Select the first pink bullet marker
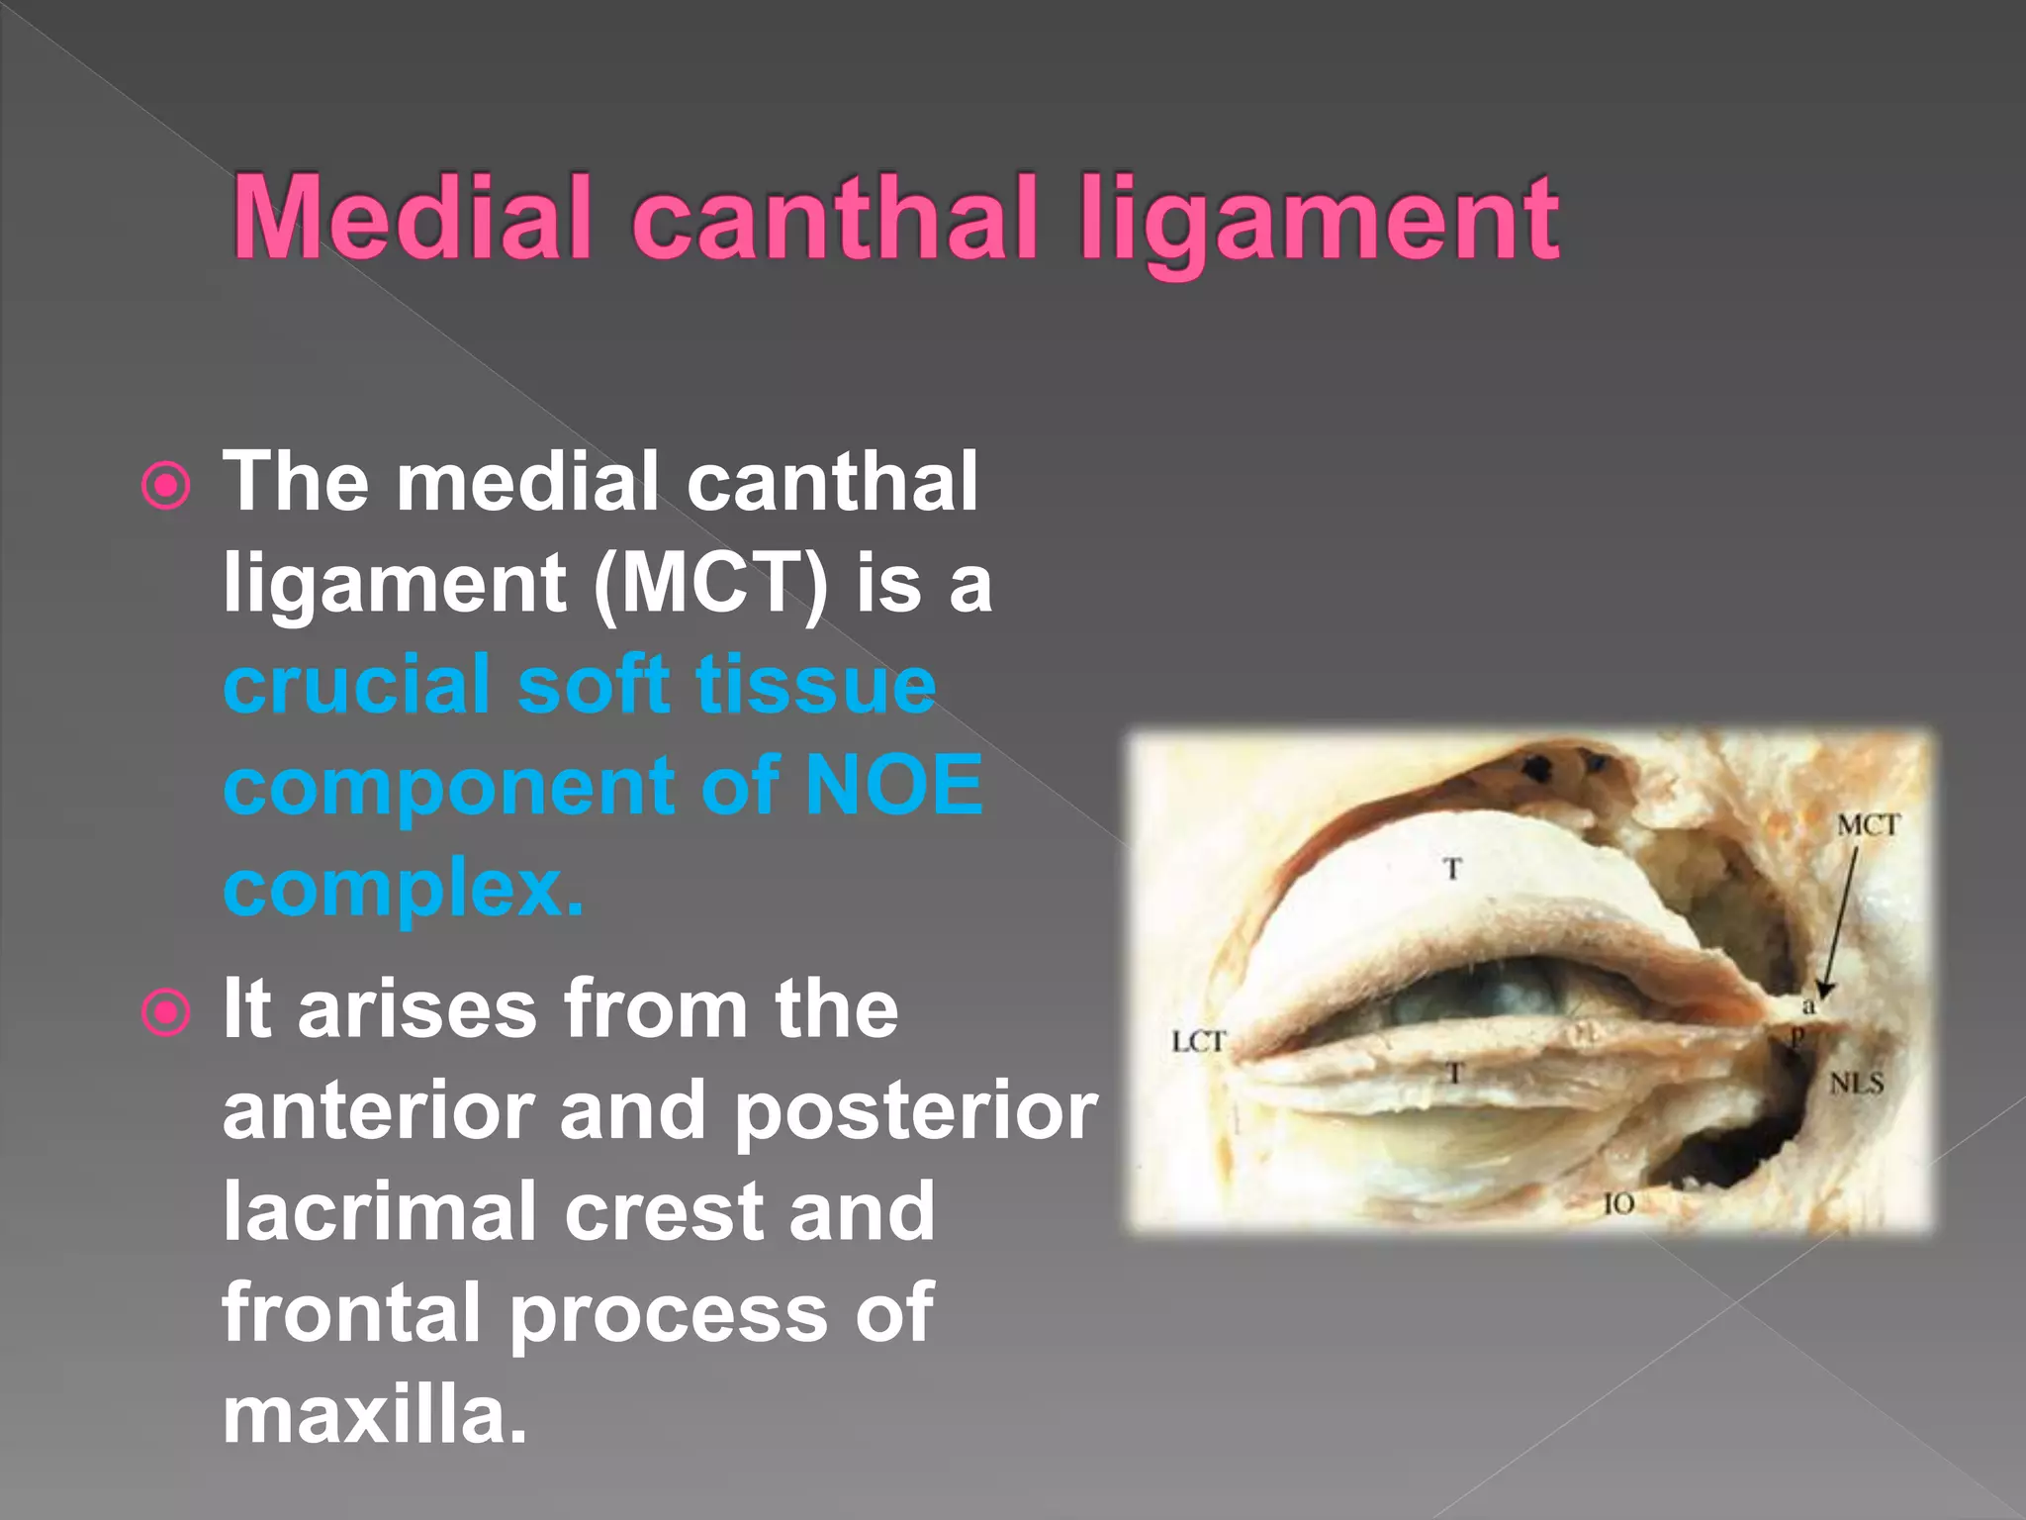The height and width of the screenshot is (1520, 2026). click(x=165, y=486)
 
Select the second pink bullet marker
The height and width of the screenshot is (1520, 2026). click(x=165, y=1012)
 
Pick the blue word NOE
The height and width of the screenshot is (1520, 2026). click(x=893, y=786)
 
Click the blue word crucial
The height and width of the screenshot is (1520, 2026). click(x=356, y=685)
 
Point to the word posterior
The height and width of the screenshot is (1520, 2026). click(x=915, y=1111)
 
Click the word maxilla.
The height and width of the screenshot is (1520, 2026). click(x=374, y=1415)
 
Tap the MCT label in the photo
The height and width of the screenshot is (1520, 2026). click(x=1868, y=825)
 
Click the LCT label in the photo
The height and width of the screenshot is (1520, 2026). click(x=1198, y=1041)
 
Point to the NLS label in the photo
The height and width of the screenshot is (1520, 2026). click(x=1856, y=1084)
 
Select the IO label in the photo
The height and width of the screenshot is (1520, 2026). click(x=1618, y=1204)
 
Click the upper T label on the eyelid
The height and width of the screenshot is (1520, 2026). click(x=1452, y=870)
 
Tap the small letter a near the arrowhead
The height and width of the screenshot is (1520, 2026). click(x=1808, y=1008)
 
